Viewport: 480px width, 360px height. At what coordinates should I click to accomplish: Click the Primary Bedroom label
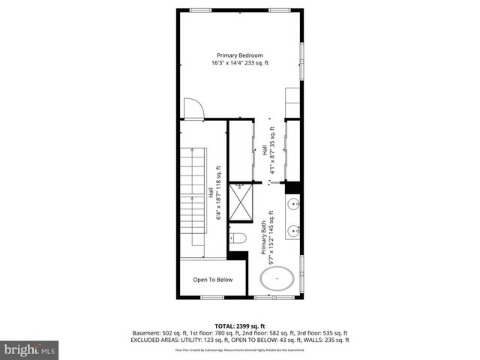point(240,55)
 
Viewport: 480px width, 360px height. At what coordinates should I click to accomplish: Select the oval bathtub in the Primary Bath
point(277,281)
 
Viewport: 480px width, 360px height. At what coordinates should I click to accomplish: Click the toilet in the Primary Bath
point(238,238)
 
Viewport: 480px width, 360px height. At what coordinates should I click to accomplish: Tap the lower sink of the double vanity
point(292,229)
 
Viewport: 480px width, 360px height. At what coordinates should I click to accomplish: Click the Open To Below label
point(212,280)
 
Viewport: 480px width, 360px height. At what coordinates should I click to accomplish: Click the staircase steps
point(193,198)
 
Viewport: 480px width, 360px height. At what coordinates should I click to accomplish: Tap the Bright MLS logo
point(30,349)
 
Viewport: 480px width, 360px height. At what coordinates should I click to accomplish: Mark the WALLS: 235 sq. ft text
point(327,340)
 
